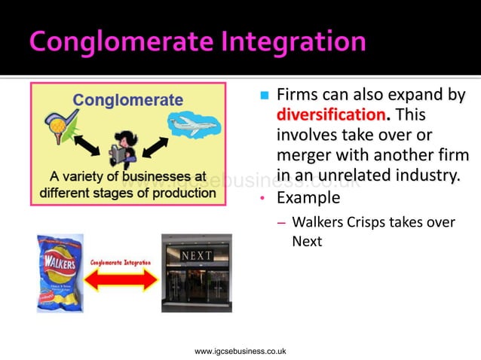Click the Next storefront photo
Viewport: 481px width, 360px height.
pyautogui.click(x=196, y=273)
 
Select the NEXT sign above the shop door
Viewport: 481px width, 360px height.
pyautogui.click(x=197, y=256)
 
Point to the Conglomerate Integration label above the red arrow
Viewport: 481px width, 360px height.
pyautogui.click(x=121, y=262)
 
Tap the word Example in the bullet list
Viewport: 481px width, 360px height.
pyautogui.click(x=308, y=199)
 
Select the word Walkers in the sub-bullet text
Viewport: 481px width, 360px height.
pyautogui.click(x=317, y=222)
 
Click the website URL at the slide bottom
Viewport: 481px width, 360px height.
pyautogui.click(x=240, y=351)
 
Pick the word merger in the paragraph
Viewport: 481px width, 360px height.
pyautogui.click(x=308, y=156)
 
